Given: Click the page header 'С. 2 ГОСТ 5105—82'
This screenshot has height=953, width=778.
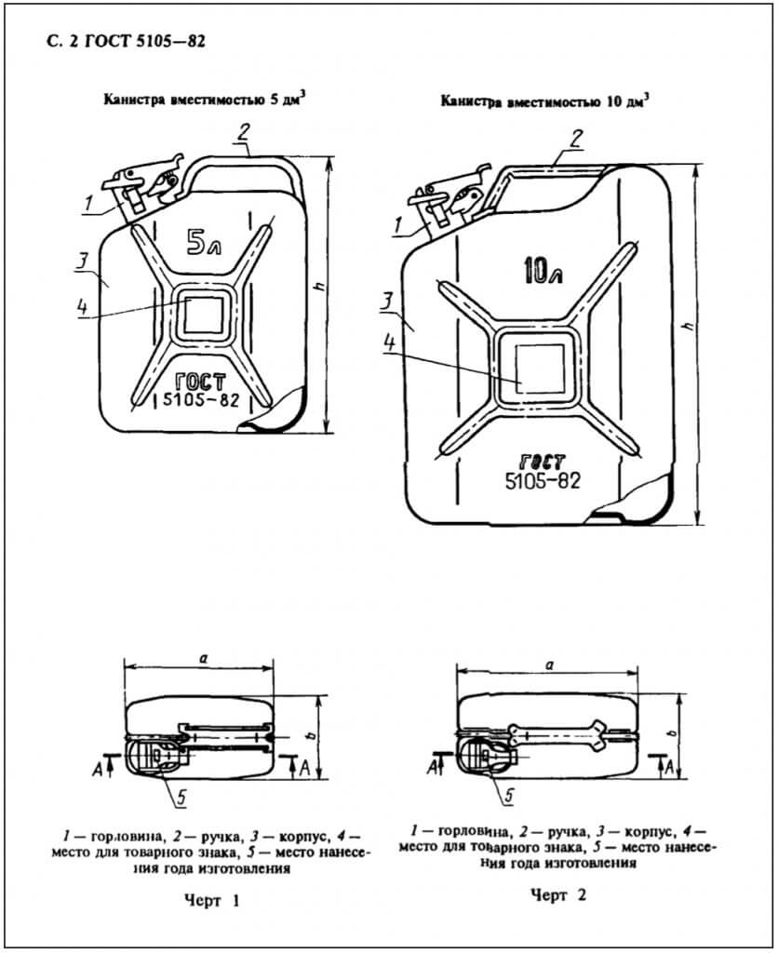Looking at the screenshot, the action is click(125, 41).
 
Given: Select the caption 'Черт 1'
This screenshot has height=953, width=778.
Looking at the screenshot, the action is click(211, 901).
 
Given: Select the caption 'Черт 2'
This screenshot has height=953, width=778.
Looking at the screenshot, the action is click(558, 894).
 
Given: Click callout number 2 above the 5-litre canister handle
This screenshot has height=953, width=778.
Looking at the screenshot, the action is click(244, 133).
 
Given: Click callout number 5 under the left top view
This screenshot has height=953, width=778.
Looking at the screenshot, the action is click(181, 798).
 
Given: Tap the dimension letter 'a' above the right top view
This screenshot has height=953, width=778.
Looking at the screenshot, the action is click(549, 664).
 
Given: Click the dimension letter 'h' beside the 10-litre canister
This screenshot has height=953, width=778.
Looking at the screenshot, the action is click(688, 327).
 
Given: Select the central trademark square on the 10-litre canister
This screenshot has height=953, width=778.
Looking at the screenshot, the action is click(537, 367).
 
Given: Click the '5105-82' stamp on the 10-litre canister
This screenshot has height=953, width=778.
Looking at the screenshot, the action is click(543, 481).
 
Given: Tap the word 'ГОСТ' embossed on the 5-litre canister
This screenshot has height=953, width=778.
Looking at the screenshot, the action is click(200, 383).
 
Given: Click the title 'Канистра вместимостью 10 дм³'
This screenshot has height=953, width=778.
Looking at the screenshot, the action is click(544, 101).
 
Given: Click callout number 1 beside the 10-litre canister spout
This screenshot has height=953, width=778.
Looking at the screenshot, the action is click(398, 225).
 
